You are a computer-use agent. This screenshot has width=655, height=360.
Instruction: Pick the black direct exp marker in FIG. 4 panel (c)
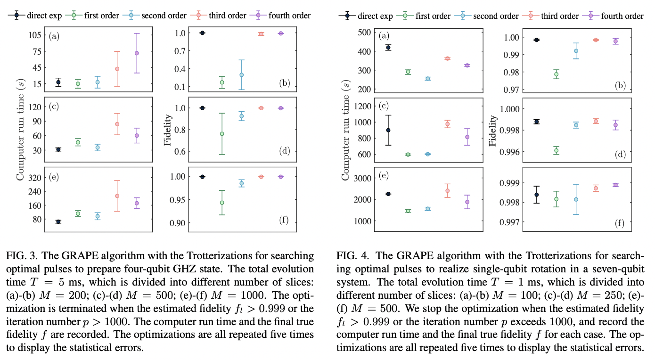pyautogui.click(x=388, y=130)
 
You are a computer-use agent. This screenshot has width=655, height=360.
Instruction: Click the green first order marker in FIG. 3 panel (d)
pyautogui.click(x=221, y=134)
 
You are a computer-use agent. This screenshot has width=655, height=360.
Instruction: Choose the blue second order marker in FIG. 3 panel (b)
pyautogui.click(x=241, y=75)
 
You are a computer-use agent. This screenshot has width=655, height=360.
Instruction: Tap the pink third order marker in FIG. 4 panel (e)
pyautogui.click(x=447, y=191)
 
